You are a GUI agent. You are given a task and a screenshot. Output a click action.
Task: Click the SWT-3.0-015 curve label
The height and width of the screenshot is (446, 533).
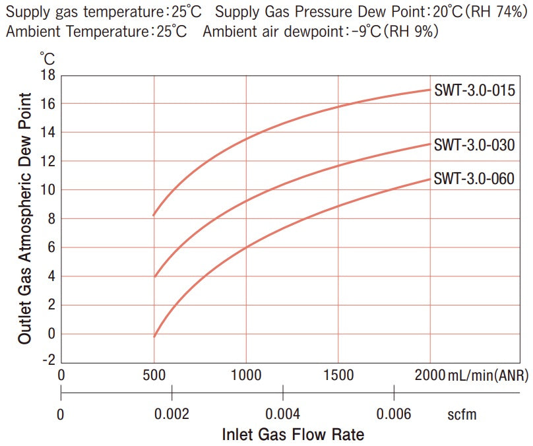(474, 91)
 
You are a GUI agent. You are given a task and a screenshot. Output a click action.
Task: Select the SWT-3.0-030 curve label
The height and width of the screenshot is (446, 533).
(474, 145)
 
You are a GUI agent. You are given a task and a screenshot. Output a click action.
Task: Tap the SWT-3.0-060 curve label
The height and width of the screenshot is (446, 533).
(474, 178)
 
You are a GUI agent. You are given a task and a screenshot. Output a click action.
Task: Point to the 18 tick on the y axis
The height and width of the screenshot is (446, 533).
(48, 75)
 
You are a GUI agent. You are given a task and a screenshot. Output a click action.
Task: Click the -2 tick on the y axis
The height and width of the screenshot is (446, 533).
(47, 362)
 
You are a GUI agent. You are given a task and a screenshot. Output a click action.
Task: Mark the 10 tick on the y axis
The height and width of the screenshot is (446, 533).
(48, 190)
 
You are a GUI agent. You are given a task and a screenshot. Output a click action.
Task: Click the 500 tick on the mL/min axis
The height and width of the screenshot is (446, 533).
(154, 375)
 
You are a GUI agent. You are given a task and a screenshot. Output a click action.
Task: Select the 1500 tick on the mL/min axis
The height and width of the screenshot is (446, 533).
(338, 375)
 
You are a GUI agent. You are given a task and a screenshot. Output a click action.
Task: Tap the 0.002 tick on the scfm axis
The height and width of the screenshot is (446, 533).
(172, 414)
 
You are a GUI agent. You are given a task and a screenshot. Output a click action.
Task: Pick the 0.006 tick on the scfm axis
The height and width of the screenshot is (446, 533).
(394, 414)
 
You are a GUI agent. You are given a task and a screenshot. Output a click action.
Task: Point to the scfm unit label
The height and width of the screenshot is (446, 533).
(462, 414)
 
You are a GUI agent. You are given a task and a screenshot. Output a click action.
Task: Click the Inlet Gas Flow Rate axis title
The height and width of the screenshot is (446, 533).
(293, 435)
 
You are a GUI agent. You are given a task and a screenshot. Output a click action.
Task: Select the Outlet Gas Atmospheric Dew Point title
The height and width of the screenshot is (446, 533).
(25, 218)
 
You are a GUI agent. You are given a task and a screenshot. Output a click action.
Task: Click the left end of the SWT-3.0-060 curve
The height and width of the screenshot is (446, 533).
(154, 336)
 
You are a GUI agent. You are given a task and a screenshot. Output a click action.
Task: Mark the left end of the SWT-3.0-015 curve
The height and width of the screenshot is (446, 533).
(154, 215)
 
